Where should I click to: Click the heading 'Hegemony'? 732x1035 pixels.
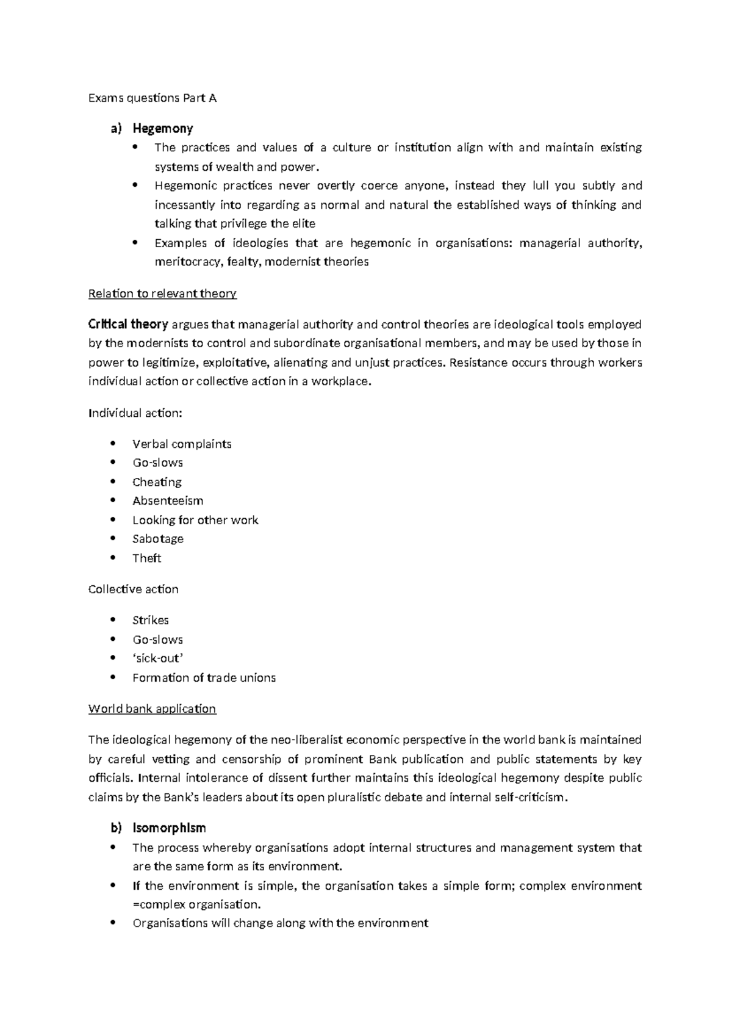162,128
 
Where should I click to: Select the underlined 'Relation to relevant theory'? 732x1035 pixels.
162,294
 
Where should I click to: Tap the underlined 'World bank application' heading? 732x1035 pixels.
152,709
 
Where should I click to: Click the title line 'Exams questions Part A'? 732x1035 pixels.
152,98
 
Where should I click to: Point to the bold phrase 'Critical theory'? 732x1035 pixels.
128,324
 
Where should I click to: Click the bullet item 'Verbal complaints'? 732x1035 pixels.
182,444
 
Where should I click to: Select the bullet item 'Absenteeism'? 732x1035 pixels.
168,500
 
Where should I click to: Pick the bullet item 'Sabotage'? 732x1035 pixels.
158,539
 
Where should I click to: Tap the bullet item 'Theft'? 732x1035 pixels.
146,558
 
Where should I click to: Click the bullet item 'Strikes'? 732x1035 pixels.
150,620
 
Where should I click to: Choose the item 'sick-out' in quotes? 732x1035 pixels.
157,658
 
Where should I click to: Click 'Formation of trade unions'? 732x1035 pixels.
204,677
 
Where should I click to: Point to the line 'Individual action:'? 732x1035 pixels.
135,413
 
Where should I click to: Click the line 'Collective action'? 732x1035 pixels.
133,589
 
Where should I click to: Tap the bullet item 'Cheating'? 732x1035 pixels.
157,481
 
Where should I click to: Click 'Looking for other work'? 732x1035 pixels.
195,520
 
